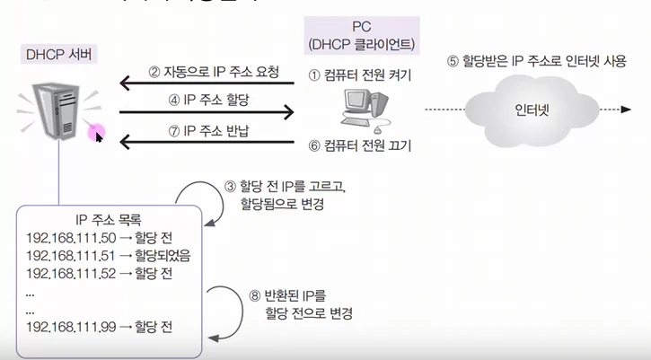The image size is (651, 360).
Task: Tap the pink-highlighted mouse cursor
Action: tap(96, 135)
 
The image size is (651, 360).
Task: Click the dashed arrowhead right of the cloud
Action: tap(623, 110)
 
